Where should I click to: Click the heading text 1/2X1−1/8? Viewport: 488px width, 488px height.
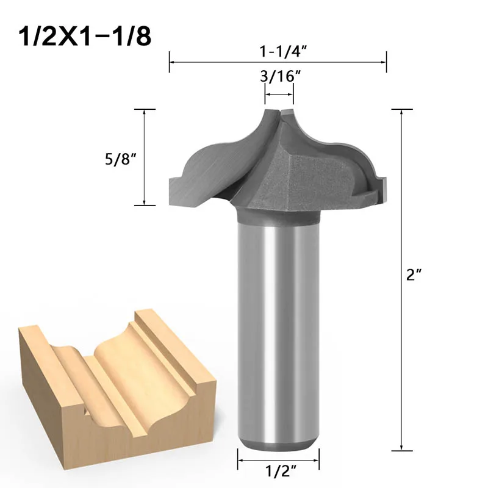(85, 37)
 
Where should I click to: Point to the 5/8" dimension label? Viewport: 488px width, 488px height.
(121, 159)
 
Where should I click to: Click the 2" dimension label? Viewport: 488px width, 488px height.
(414, 275)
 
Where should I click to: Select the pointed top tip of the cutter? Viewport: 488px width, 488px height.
(279, 111)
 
